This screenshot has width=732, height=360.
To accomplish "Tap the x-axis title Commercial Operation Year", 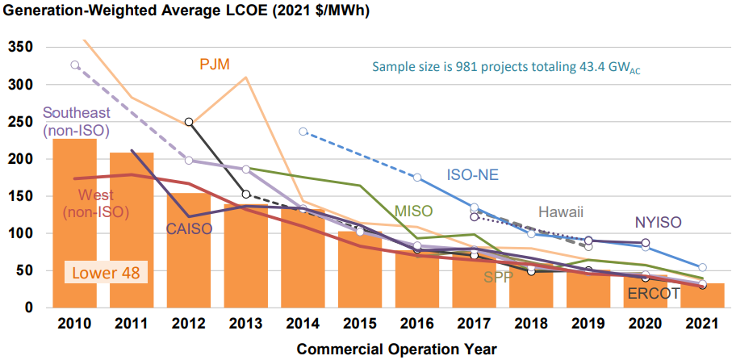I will [396, 350].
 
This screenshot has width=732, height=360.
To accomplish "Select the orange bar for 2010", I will [74, 226].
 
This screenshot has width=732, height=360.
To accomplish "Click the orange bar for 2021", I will [702, 295].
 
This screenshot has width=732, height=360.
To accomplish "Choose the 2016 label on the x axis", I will [416, 324].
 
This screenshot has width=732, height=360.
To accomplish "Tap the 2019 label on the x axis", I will [588, 324].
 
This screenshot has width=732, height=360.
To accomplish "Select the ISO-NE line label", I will [472, 174].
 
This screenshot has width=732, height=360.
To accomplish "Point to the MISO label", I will [414, 211].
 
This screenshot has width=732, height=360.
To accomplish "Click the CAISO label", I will [188, 229].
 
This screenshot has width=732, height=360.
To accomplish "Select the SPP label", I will [500, 278].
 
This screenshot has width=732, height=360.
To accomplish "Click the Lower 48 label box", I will [107, 273].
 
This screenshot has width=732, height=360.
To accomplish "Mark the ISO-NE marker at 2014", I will [303, 131].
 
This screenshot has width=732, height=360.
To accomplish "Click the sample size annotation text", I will [506, 67].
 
